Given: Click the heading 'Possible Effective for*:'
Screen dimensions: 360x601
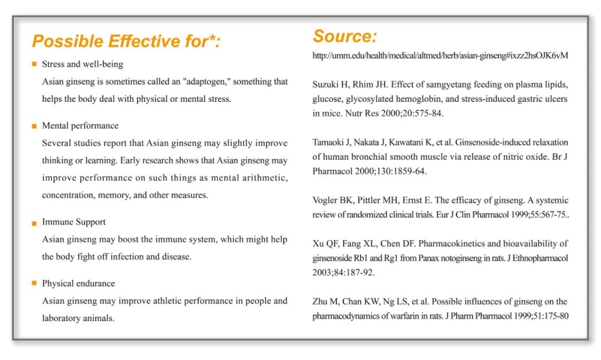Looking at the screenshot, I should (126, 41).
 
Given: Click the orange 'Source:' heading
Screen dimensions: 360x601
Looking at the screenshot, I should (344, 36).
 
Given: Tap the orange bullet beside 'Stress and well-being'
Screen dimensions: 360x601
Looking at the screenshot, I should (35, 64).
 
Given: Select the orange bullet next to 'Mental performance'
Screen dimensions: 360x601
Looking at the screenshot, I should (35, 126).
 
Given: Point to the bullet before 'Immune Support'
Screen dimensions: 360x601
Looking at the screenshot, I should (35, 223).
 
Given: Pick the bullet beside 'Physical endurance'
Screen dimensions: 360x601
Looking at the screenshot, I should (35, 283).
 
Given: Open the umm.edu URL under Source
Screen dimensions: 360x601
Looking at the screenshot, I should (440, 56).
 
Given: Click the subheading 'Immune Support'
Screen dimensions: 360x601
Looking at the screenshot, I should (73, 222).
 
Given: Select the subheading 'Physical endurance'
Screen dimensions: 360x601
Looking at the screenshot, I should (78, 283).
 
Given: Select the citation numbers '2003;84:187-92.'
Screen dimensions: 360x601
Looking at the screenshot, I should (343, 273).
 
